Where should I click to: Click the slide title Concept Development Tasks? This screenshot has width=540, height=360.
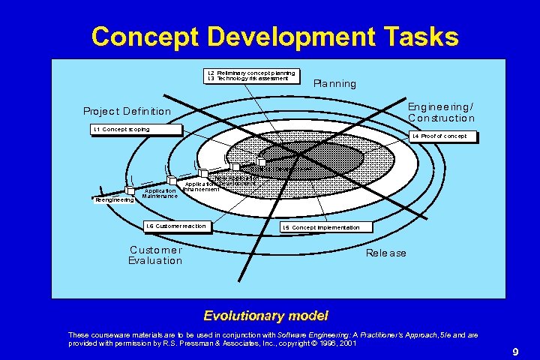pyautogui.click(x=274, y=36)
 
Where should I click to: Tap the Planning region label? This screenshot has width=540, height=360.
pyautogui.click(x=334, y=83)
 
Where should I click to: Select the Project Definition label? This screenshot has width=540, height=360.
pyautogui.click(x=127, y=112)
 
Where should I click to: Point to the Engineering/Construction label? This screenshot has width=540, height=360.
pyautogui.click(x=441, y=112)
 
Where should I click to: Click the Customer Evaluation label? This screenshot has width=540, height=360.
pyautogui.click(x=155, y=255)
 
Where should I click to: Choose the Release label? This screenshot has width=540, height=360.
pyautogui.click(x=386, y=253)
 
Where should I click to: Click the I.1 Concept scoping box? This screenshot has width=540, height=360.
pyautogui.click(x=136, y=130)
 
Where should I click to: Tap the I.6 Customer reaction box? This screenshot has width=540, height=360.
pyautogui.click(x=175, y=226)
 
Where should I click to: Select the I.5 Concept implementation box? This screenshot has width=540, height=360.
pyautogui.click(x=321, y=227)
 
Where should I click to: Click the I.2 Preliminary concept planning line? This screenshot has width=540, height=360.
pyautogui.click(x=250, y=73)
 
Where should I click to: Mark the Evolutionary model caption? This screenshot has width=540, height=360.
pyautogui.click(x=266, y=316)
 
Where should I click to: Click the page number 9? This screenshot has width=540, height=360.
pyautogui.click(x=516, y=352)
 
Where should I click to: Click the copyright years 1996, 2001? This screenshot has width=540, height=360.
pyautogui.click(x=339, y=343)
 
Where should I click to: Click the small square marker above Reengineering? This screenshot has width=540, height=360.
pyautogui.click(x=130, y=190)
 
